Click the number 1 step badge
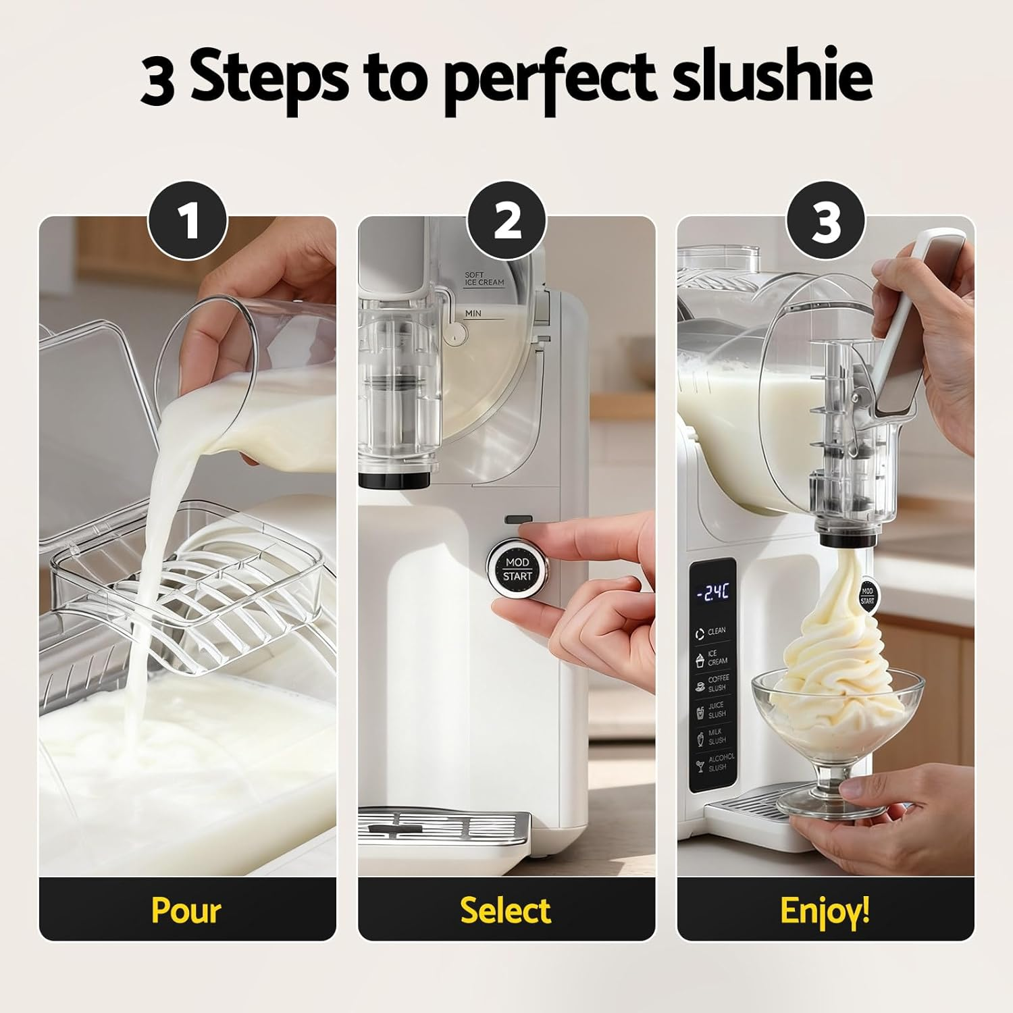187,222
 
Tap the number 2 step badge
506,222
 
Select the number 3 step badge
825,222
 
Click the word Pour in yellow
186,910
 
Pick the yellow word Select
506,910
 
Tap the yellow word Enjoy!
825,910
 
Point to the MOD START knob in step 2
517,570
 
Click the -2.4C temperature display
713,593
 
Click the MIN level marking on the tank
474,314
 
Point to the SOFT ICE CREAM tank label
484,279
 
